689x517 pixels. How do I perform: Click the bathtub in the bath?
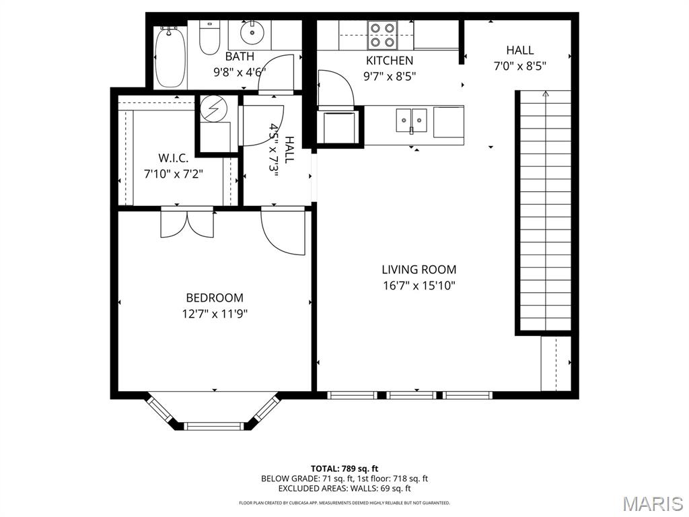(169, 57)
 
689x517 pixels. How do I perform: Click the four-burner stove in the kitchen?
(382, 35)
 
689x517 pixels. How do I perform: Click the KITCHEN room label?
(390, 61)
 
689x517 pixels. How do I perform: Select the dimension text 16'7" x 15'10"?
(419, 285)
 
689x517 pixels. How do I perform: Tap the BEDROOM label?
(215, 298)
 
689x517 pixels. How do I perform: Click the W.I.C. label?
(174, 158)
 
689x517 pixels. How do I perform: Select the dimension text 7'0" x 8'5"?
(519, 66)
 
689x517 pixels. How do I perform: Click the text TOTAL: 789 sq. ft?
(344, 468)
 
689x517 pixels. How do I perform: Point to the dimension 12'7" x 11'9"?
(215, 313)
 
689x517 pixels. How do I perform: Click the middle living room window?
(412, 395)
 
